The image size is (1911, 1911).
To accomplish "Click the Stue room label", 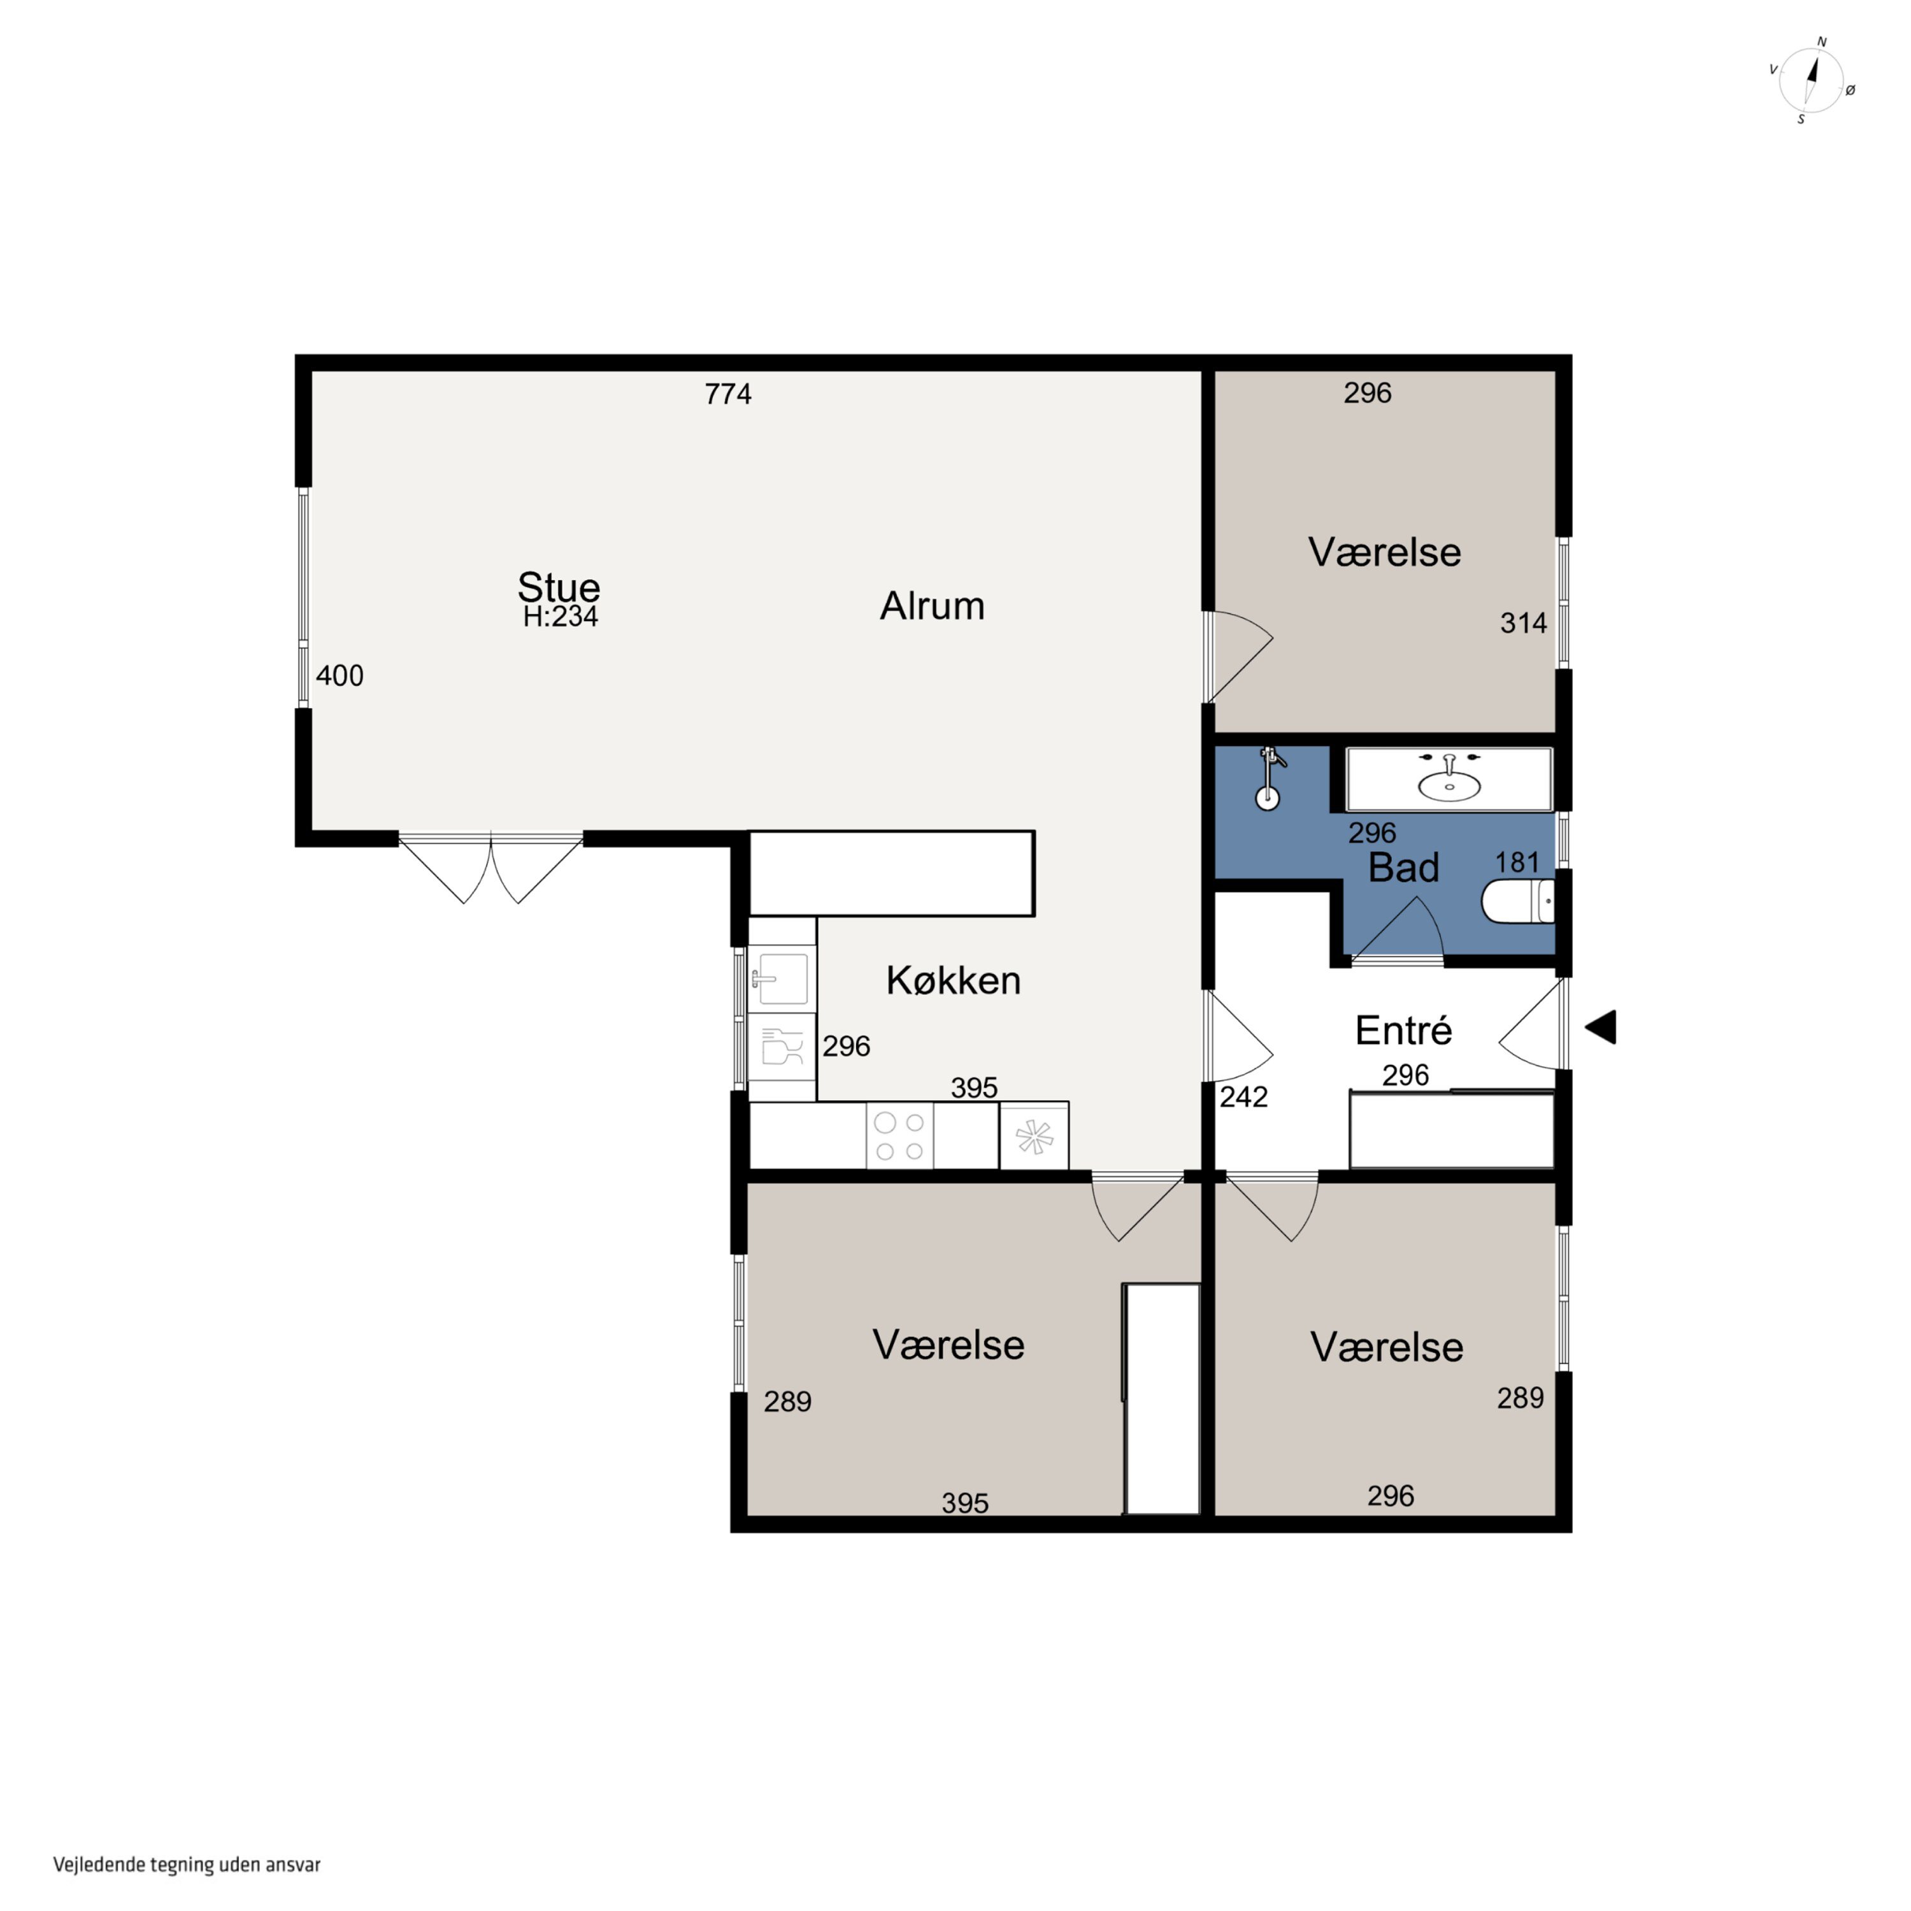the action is pyautogui.click(x=559, y=587).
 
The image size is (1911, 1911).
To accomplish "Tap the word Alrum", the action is pyautogui.click(x=932, y=605).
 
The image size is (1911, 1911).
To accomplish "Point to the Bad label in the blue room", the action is pyautogui.click(x=1403, y=868).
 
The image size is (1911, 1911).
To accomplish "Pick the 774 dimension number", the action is pyautogui.click(x=728, y=395).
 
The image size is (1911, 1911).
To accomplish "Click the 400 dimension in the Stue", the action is pyautogui.click(x=340, y=676).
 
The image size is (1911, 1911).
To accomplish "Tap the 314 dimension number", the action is pyautogui.click(x=1523, y=623).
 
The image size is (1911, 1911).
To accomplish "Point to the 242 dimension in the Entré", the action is pyautogui.click(x=1243, y=1097).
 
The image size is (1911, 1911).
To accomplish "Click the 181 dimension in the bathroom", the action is pyautogui.click(x=1517, y=862).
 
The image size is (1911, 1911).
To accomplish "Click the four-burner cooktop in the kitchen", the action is pyautogui.click(x=900, y=1136).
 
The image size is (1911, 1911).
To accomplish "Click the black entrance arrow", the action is pyautogui.click(x=1601, y=1027).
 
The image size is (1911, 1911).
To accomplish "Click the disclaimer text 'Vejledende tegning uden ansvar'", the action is pyautogui.click(x=187, y=1864).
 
